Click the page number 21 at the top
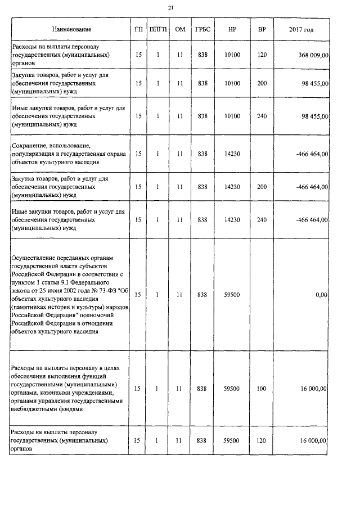pos(171,7)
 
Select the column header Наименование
pos(71,29)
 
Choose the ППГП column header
pos(158,29)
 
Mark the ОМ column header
pos(180,29)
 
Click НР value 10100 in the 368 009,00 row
pos(232,55)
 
